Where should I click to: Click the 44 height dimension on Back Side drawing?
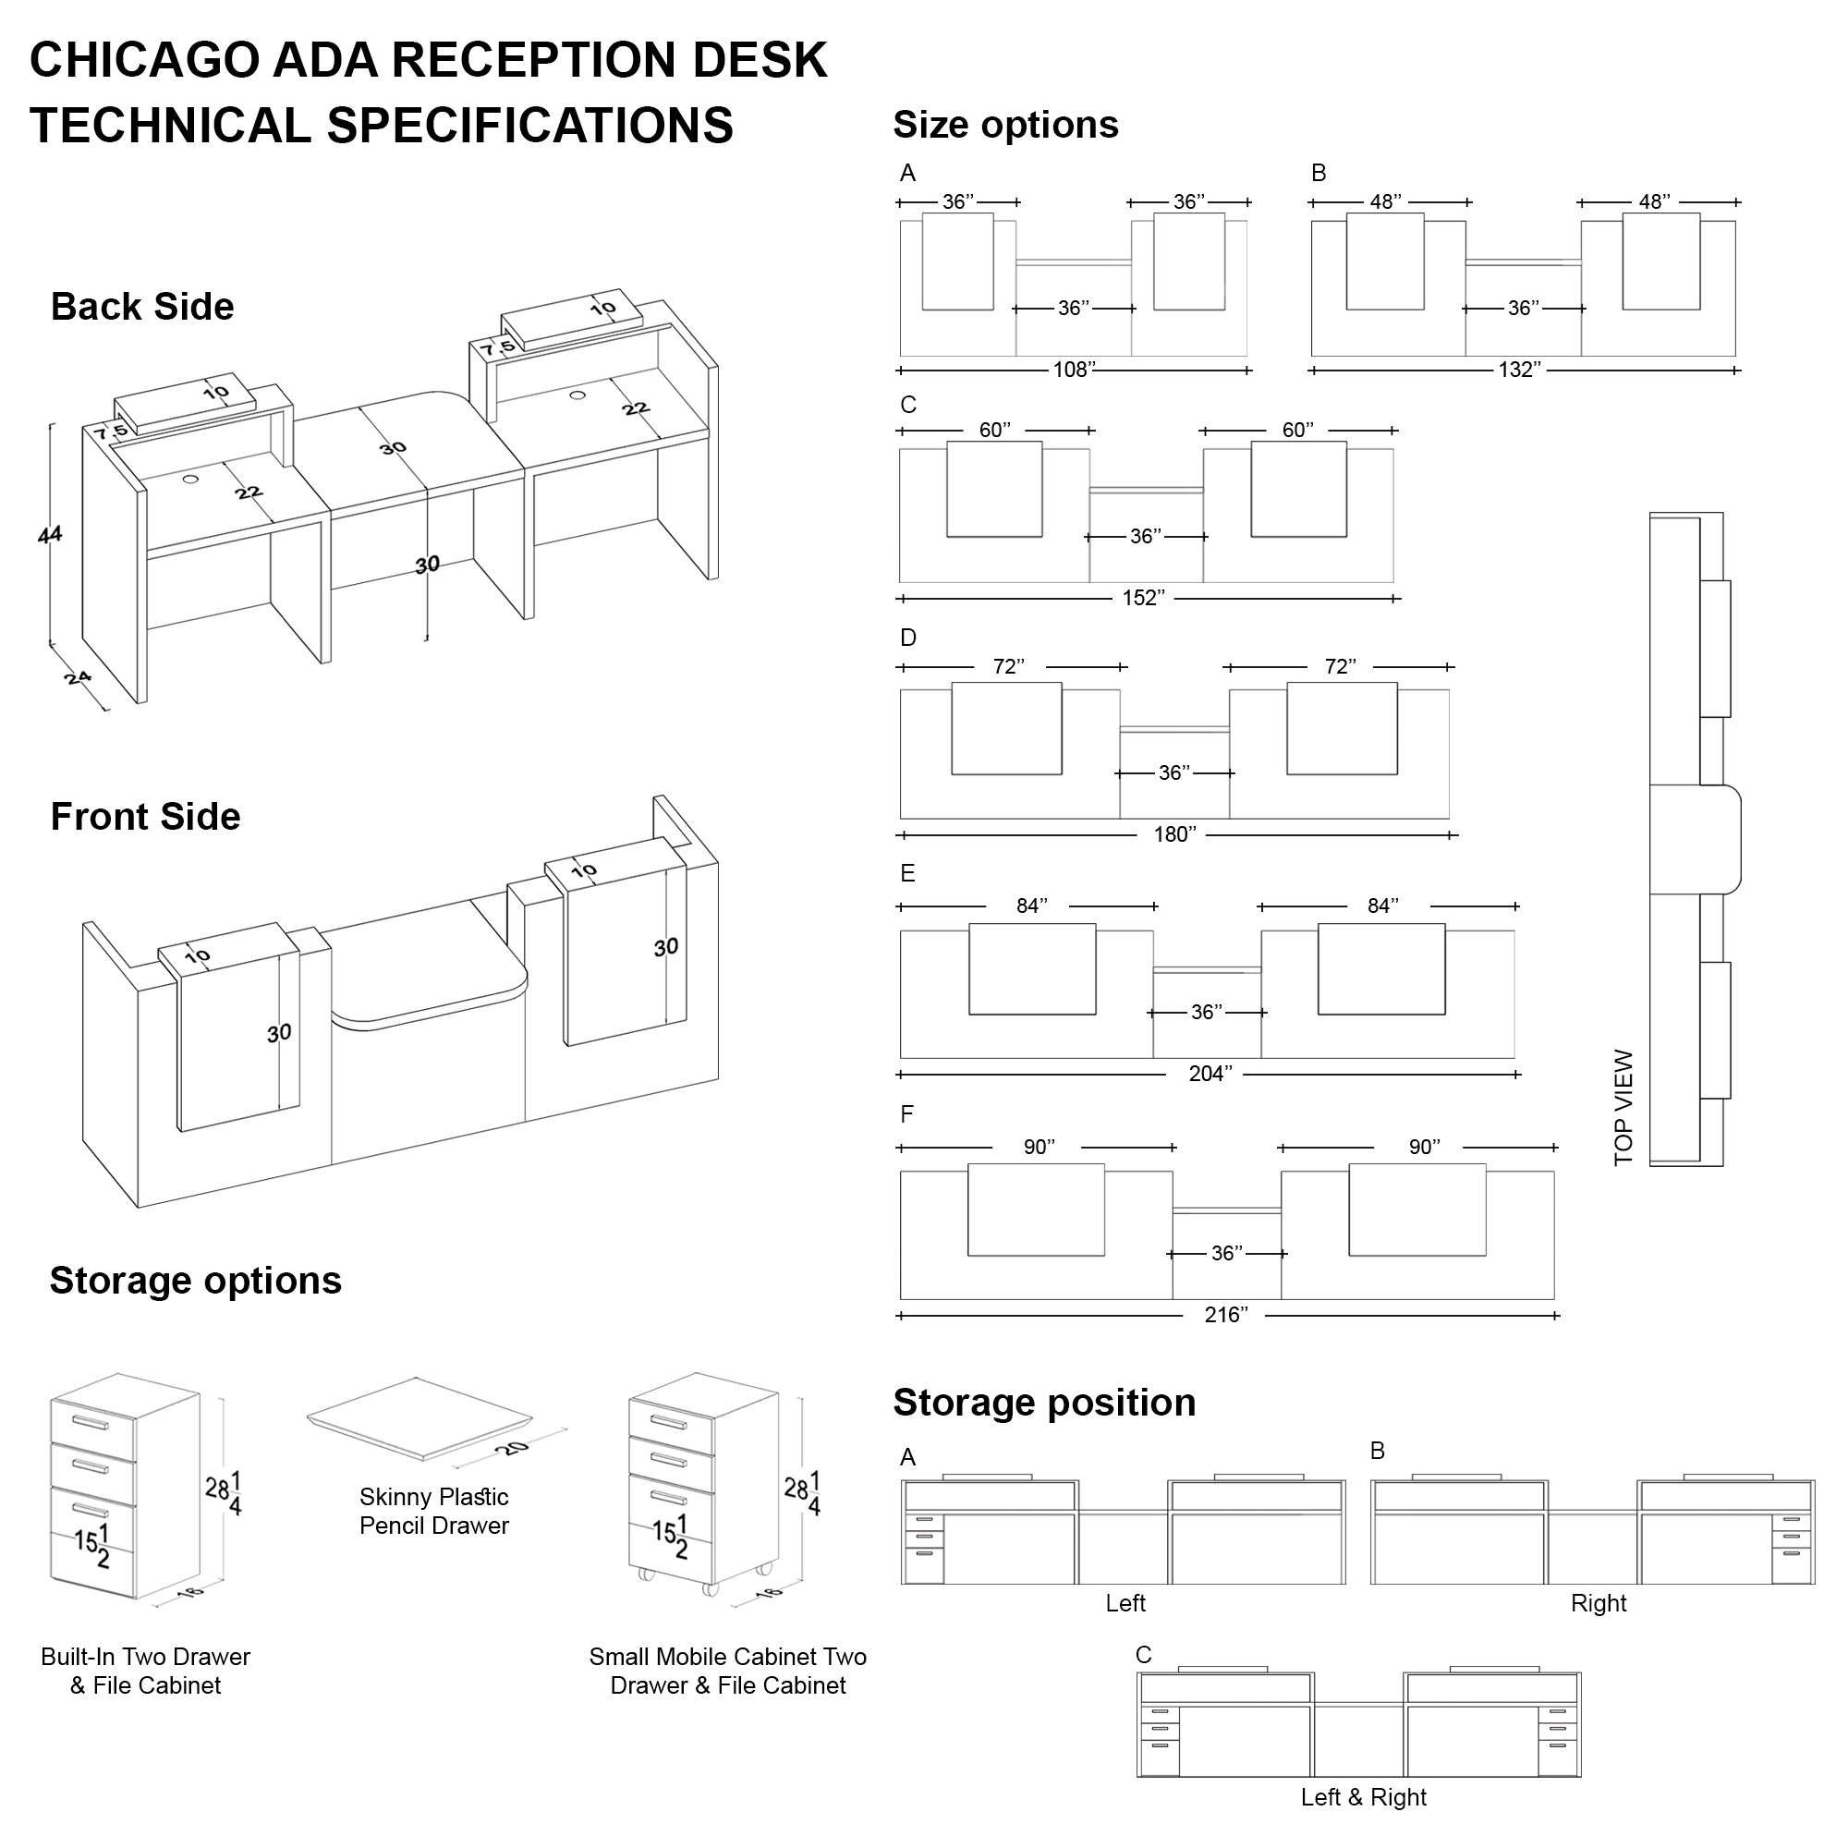point(50,534)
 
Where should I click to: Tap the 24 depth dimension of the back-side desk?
point(78,678)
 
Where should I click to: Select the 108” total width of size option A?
point(1073,371)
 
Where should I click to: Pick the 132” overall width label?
point(1519,371)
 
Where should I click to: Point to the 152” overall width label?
point(1143,598)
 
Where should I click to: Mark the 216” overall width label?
point(1226,1314)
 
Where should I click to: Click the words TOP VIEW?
point(1623,1107)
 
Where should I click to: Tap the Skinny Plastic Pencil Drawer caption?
point(433,1511)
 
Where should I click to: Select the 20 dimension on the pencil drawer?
point(513,1447)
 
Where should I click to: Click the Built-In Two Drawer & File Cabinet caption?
point(145,1670)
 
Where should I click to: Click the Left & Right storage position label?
point(1363,1796)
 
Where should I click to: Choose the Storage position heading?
point(1044,1403)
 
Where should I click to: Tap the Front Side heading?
point(145,816)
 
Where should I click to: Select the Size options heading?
point(1005,125)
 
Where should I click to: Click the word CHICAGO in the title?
point(144,59)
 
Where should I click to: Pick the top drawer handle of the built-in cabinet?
point(91,1423)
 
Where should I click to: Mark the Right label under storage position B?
point(1599,1603)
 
